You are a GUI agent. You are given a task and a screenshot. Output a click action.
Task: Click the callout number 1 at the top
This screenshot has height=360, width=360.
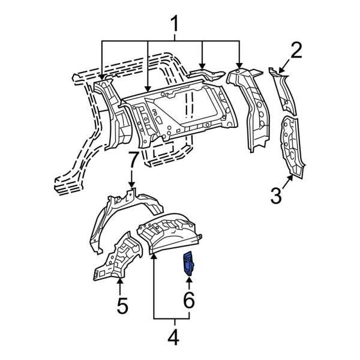point(174,25)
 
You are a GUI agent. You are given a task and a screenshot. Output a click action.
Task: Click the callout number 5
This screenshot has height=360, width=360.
point(121,306)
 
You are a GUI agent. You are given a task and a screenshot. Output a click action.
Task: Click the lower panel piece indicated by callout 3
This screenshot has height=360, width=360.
point(291,144)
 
